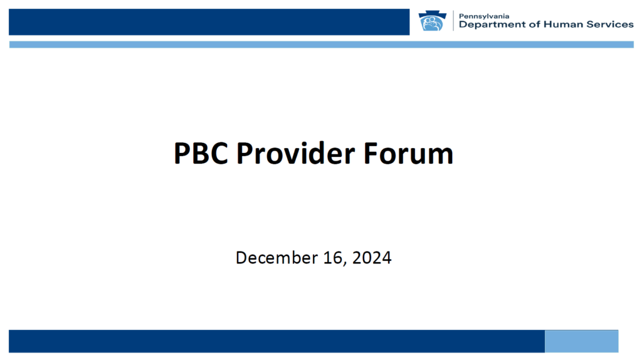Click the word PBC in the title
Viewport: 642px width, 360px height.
point(201,154)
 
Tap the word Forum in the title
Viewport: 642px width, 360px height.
point(408,154)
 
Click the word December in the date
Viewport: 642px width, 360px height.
point(276,258)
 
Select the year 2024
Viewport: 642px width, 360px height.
point(372,258)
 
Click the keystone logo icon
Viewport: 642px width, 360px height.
point(433,21)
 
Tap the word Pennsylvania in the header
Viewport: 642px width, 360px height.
point(484,16)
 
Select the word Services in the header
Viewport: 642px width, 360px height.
point(610,24)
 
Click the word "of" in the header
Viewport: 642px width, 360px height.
point(535,24)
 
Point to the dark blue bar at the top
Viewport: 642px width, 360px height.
point(209,22)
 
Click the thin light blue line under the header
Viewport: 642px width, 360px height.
point(322,45)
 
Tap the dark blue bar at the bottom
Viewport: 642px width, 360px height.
point(276,341)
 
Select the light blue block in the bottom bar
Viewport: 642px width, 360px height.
point(581,341)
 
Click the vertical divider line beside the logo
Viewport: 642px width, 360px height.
point(453,21)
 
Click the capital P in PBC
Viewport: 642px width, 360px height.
point(181,154)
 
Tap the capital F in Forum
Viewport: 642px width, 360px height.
point(370,154)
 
